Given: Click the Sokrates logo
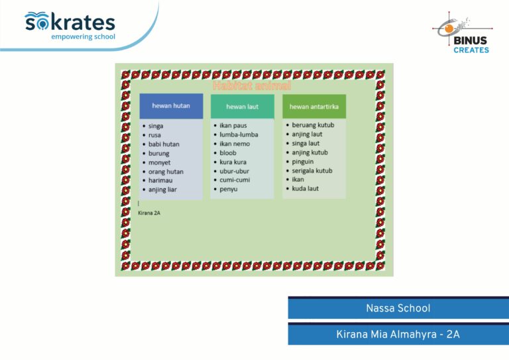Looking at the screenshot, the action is pos(70,26).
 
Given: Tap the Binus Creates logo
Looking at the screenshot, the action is pos(463,32).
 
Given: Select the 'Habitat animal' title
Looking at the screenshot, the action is pos(252,86).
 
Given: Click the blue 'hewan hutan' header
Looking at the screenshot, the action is pos(171,106).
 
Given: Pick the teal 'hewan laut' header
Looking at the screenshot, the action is pos(243,107).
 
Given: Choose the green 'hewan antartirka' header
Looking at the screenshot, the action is pos(314,107).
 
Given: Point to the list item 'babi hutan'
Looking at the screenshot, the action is pos(164,144).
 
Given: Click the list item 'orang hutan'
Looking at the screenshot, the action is pos(166,172).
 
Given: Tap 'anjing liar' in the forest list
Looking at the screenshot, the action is pos(162,190).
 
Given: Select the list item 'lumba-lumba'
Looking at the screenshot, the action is pos(239,135).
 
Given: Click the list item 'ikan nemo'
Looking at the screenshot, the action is pos(235,143).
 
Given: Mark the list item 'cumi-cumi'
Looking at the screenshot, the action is pos(235,180).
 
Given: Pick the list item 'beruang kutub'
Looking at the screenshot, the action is pos(313,125).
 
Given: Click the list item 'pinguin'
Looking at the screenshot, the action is pos(302,162).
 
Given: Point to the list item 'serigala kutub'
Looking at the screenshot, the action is pos(312,171).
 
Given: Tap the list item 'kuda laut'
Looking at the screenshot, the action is pos(305,188).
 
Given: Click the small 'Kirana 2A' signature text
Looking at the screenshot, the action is pos(149,213).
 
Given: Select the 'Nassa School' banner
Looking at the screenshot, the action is pos(398,308).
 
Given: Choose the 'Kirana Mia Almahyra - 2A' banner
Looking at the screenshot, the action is pos(398,334).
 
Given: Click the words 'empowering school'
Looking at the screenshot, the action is pos(83,36).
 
